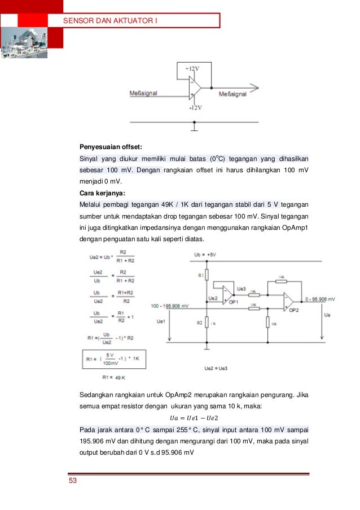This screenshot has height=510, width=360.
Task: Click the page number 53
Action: [x=72, y=481]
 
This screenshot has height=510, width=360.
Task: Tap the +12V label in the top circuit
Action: [x=192, y=68]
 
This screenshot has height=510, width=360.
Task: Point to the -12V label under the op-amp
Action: [x=196, y=107]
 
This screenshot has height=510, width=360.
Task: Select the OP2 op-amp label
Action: [x=293, y=311]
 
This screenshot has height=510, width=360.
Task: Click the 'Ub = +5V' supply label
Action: [x=204, y=255]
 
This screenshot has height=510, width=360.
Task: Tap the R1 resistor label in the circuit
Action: [x=200, y=274]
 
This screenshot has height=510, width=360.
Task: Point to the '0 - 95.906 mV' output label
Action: [x=319, y=298]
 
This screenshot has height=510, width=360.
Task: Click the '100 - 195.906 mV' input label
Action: [x=170, y=306]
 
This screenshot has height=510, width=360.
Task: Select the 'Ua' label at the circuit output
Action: [x=327, y=314]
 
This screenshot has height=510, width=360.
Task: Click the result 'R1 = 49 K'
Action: [x=113, y=377]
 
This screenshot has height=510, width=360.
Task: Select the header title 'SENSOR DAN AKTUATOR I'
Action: [x=109, y=21]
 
